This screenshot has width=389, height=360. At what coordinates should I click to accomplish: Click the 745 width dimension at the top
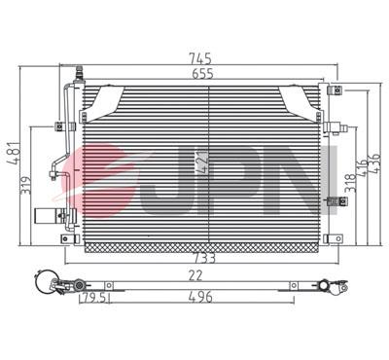[200, 59]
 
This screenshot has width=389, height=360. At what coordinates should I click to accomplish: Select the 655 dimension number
[202, 74]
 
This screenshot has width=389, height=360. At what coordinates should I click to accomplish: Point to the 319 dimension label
[26, 186]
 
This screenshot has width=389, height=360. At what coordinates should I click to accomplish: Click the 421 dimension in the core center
[201, 162]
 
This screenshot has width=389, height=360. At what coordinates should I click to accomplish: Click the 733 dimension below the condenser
[204, 259]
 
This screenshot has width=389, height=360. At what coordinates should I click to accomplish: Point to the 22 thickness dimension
[195, 275]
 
